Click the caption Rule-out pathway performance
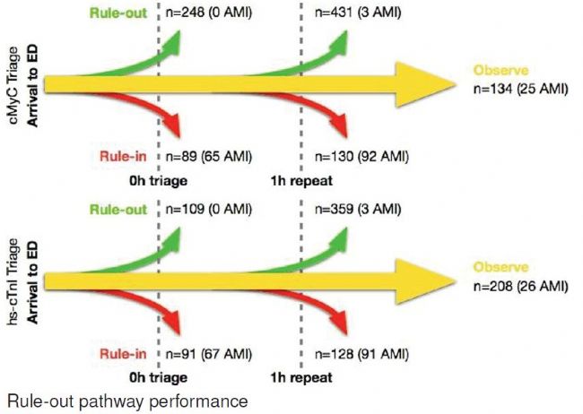[125, 401]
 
